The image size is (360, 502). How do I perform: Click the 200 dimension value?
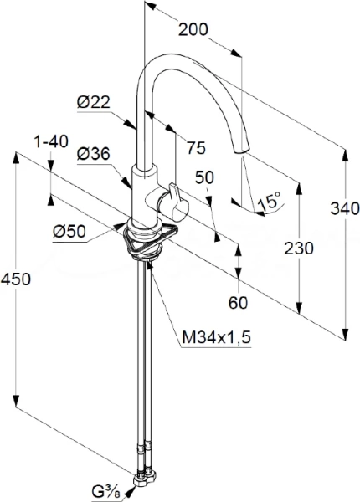pos(193,29)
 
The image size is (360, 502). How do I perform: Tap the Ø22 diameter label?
pos(94,103)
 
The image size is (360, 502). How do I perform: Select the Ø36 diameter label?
pos(94,154)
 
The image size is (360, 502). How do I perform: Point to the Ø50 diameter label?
pos(69,231)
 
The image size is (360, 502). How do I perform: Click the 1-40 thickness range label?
pos(51,141)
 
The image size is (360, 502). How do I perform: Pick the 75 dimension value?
pos(196,148)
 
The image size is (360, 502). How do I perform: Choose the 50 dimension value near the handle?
pos(204,177)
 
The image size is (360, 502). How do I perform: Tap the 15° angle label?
pos(270,202)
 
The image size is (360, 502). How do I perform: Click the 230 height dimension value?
pos(299,248)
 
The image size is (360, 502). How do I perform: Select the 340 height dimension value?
pos(345,208)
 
